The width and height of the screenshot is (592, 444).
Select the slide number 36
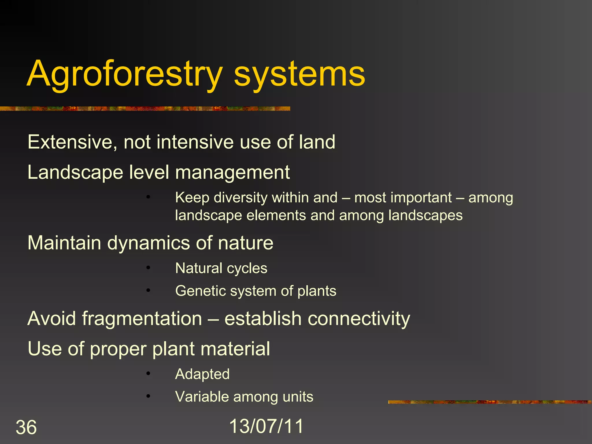tap(26, 427)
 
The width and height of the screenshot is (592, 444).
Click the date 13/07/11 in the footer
tap(266, 426)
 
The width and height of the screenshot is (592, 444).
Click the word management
tap(232, 173)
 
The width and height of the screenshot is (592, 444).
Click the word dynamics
tap(149, 243)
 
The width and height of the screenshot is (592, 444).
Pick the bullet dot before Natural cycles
tap(148, 268)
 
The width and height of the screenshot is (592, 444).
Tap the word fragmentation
tap(142, 319)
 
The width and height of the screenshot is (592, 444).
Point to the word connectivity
tap(358, 319)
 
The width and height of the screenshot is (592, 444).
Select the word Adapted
tap(202, 374)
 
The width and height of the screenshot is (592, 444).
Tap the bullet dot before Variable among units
tap(148, 396)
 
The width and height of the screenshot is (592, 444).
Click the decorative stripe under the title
tap(145, 109)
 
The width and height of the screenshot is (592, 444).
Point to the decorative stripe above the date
tap(489, 402)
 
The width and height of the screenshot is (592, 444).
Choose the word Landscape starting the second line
tap(75, 173)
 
